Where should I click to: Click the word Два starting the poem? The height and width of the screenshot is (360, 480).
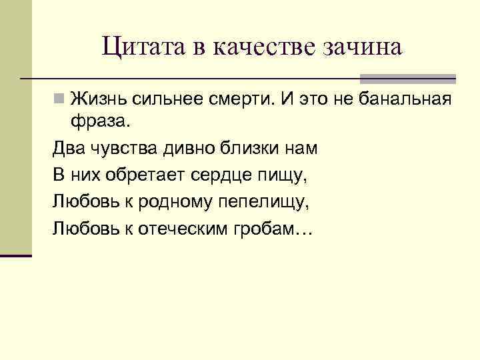pyautogui.click(x=68, y=149)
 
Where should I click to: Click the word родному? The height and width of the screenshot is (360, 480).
pyautogui.click(x=168, y=202)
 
